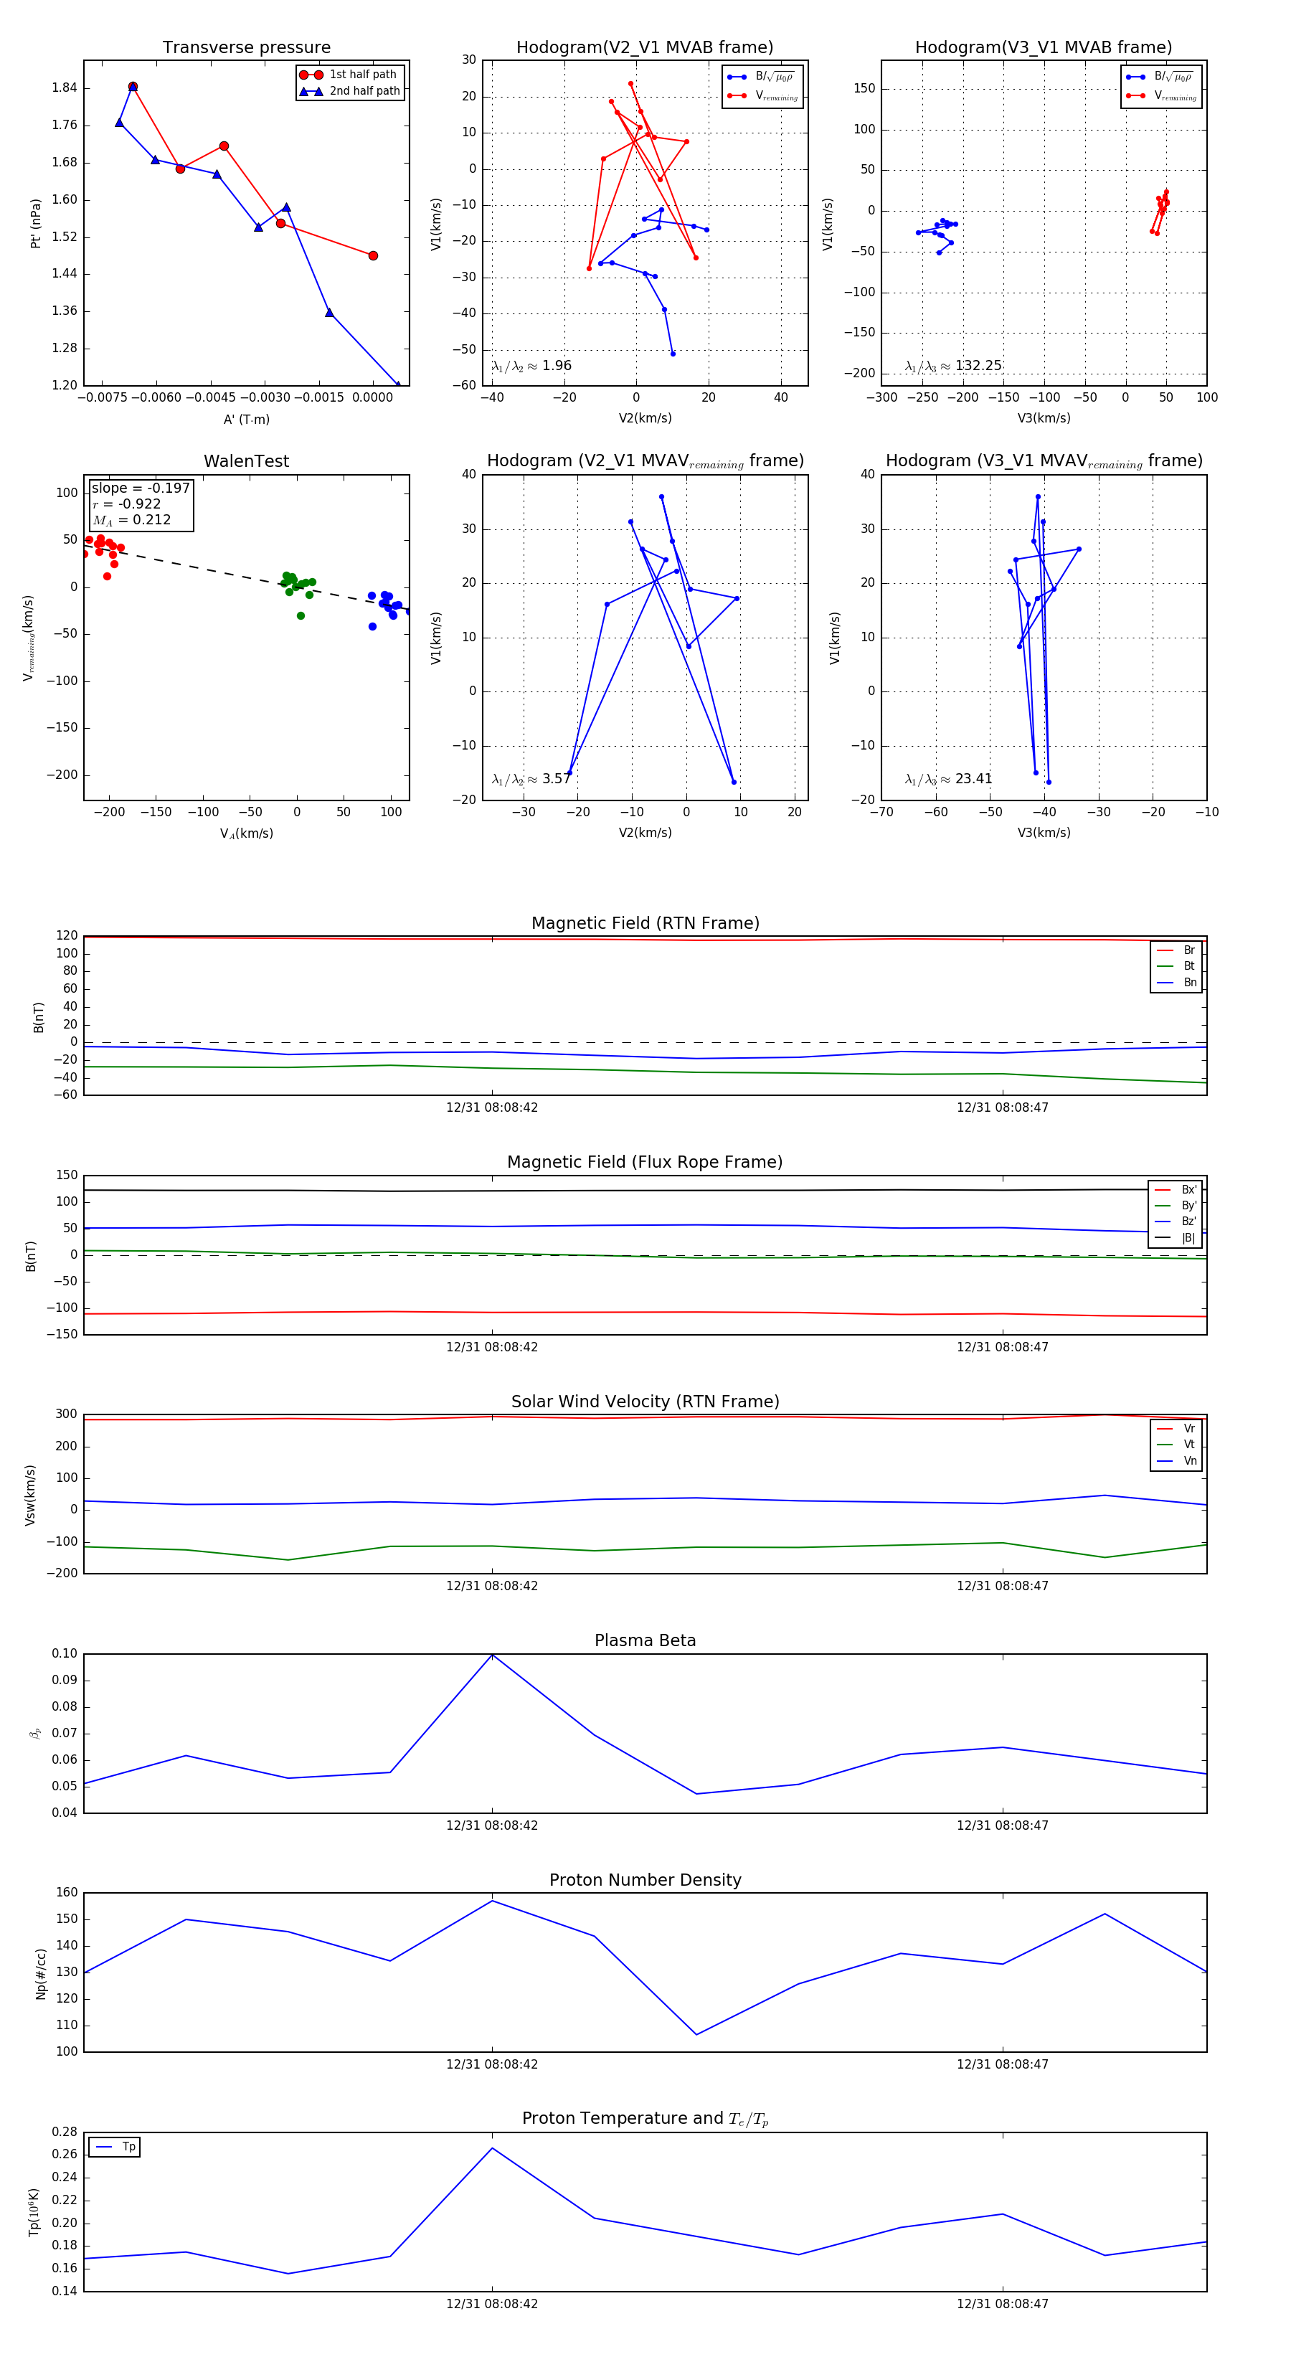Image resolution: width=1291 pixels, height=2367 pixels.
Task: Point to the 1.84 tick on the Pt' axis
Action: [65, 88]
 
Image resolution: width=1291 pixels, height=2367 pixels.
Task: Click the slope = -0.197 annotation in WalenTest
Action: [141, 488]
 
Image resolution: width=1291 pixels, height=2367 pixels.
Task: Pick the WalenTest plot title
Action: [246, 461]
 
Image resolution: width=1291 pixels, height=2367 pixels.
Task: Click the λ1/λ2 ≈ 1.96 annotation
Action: [531, 366]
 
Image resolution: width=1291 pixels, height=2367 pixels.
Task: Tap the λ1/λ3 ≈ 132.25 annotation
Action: [953, 366]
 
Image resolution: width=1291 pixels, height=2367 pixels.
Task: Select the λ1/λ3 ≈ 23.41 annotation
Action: [948, 779]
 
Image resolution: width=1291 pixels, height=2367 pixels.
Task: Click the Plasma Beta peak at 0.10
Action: [493, 1655]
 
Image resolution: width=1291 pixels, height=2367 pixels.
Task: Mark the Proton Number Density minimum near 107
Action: [696, 2034]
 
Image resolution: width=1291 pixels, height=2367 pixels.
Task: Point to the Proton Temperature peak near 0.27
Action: [493, 2148]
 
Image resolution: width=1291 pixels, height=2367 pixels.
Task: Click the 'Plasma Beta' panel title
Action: [645, 1640]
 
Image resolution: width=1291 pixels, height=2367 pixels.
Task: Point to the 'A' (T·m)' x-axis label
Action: [246, 419]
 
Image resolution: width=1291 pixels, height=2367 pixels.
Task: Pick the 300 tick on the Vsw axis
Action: [65, 1414]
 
